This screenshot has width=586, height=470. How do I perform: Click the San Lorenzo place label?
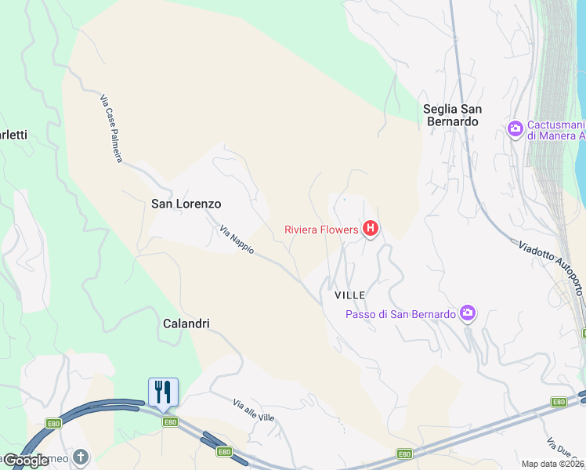point(186,204)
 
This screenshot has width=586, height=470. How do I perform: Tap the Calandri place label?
point(186,323)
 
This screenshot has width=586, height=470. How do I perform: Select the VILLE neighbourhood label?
point(350,295)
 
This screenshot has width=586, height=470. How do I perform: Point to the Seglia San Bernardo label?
point(452,115)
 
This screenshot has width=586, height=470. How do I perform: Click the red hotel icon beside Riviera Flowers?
point(371,230)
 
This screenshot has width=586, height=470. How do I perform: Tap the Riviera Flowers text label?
point(321,230)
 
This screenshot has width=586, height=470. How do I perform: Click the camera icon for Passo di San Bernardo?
point(468,313)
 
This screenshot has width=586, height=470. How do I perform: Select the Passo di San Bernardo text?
point(400,314)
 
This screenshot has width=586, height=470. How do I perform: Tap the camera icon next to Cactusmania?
point(515,128)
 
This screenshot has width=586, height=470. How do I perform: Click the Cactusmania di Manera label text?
point(556,130)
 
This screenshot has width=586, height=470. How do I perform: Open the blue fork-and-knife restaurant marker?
point(163,392)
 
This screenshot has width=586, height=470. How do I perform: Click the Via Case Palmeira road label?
point(111,128)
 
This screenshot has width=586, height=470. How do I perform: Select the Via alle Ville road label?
point(254,410)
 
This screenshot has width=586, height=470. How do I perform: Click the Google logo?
point(26,461)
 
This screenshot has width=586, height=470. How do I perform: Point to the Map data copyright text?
point(553,464)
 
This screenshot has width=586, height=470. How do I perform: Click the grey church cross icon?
point(81,456)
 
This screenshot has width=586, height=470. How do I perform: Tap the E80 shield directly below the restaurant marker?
point(170,422)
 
